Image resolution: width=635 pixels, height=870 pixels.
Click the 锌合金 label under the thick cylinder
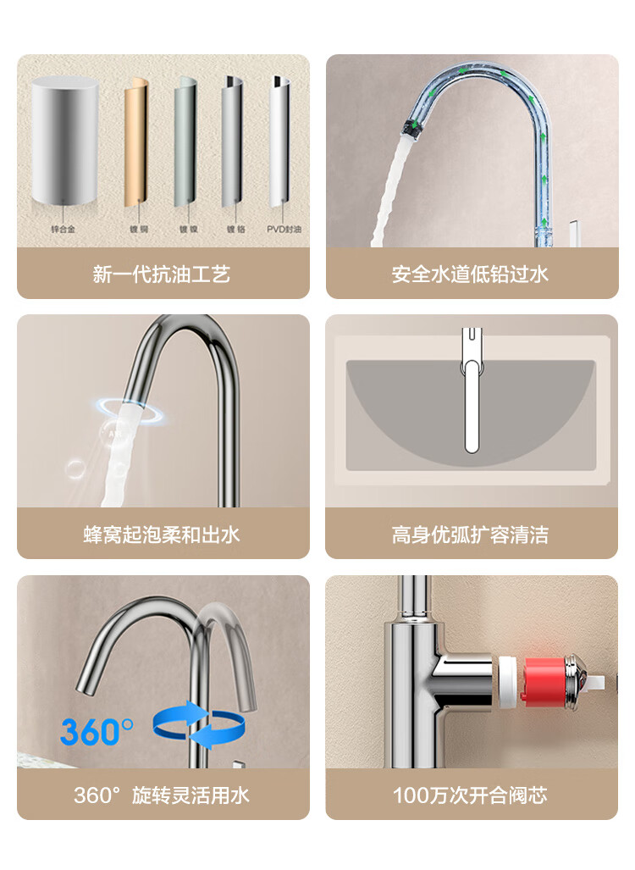(x=63, y=229)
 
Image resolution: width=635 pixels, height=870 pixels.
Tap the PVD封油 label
(x=284, y=229)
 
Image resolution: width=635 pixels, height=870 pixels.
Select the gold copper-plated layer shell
(x=136, y=141)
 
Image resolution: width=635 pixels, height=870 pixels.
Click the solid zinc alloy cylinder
(x=65, y=141)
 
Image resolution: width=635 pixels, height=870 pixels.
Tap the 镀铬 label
(x=235, y=229)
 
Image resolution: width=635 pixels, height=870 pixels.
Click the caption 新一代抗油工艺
(x=162, y=274)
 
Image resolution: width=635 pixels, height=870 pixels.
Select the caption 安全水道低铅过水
(x=470, y=274)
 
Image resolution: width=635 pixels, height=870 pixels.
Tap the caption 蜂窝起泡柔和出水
(x=162, y=535)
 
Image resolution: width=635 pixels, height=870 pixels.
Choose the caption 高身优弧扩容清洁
(x=470, y=535)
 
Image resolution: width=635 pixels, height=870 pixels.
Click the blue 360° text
(x=97, y=731)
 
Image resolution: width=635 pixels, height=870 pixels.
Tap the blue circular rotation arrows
(x=198, y=724)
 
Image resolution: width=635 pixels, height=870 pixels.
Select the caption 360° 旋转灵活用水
(x=162, y=795)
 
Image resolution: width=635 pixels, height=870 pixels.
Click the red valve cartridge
(x=544, y=682)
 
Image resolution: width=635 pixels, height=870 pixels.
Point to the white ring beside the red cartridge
(x=507, y=682)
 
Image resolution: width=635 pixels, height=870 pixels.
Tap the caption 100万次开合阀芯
(x=470, y=795)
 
